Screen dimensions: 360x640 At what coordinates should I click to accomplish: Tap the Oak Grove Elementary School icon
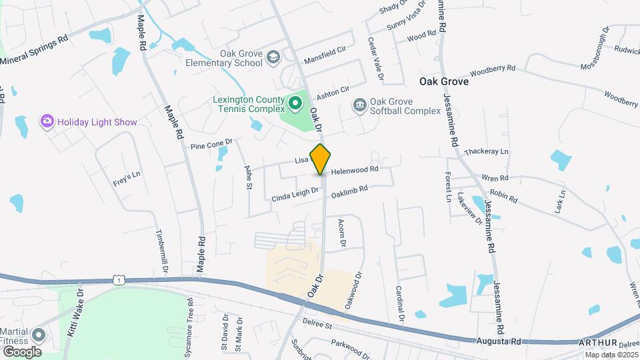click(x=272, y=58)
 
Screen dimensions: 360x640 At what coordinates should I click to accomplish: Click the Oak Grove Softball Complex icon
click(x=360, y=105)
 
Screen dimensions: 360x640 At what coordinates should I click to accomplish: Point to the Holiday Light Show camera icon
click(x=47, y=122)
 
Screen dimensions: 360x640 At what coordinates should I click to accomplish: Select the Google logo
click(x=21, y=351)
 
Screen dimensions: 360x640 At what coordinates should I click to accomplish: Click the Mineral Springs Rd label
click(x=35, y=51)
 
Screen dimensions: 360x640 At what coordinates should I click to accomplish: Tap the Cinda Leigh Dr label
click(x=297, y=195)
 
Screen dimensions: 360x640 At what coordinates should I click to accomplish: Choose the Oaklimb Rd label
click(x=349, y=190)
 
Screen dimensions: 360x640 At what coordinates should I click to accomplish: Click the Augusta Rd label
click(x=499, y=341)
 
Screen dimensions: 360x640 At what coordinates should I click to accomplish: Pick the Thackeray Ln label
click(x=485, y=151)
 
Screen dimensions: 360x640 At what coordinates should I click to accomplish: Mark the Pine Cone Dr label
click(x=211, y=143)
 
